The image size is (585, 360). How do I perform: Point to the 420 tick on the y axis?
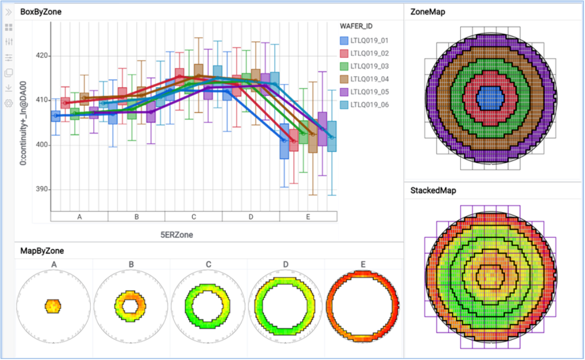point(41,56)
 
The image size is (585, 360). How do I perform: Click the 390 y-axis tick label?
point(41,189)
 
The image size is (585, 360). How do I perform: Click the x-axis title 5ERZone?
point(177,235)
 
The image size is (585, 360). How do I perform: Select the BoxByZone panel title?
point(41,11)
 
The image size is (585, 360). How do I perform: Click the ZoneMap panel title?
point(428,12)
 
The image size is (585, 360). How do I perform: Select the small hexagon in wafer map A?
point(53,306)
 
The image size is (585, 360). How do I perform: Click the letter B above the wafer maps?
point(131,265)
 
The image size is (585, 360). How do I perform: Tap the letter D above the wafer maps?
point(285,265)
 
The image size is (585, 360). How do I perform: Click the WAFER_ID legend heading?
point(356,26)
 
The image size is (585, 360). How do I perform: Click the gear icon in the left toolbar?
point(8,103)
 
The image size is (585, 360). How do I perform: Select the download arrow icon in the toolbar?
point(8,88)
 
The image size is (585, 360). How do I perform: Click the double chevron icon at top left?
point(8,11)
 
